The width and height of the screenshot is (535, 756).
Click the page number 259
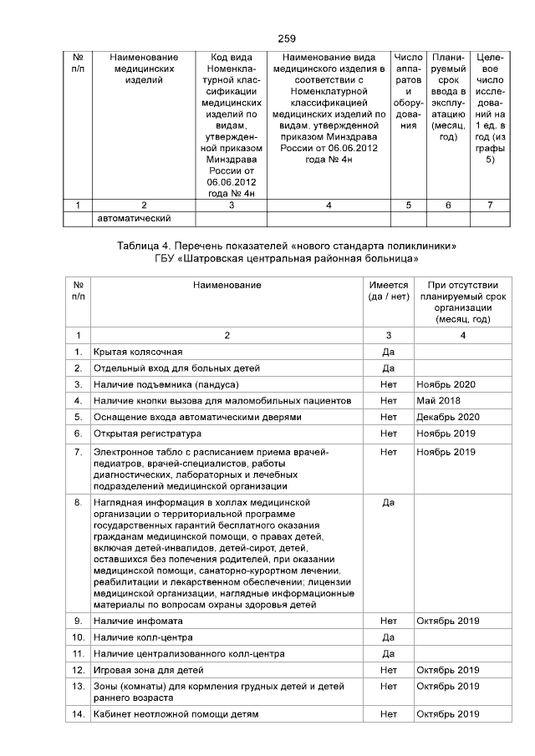[x=287, y=38]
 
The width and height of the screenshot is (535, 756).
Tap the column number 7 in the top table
[x=489, y=205]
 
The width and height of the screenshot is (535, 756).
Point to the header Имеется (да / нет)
[x=388, y=292]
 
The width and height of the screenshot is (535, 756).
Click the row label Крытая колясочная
[x=138, y=352]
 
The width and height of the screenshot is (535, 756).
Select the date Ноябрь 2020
[x=446, y=384]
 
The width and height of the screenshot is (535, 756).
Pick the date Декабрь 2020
[x=447, y=416]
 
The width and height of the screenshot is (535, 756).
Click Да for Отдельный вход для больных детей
[x=388, y=368]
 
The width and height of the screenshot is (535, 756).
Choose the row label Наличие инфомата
[x=138, y=622]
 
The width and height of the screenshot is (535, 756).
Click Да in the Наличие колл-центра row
[x=388, y=637]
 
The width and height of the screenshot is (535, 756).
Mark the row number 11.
[x=78, y=653]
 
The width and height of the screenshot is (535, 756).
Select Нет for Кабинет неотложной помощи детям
[x=388, y=713]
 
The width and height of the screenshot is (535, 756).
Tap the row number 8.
[x=78, y=503]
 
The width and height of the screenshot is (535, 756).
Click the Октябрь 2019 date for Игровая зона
[x=447, y=670]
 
